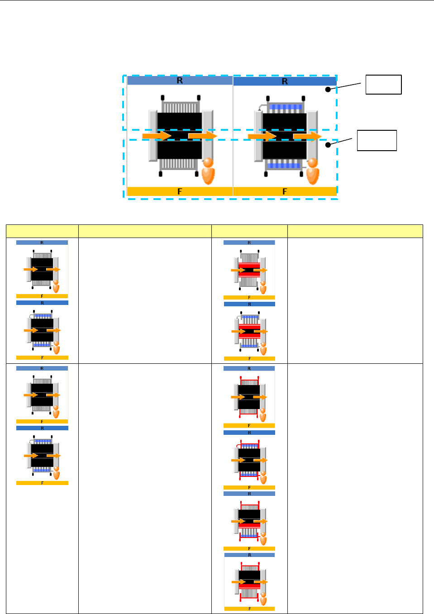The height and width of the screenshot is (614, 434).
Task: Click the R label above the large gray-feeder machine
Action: pos(180,81)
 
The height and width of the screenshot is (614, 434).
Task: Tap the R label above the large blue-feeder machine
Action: pos(285,81)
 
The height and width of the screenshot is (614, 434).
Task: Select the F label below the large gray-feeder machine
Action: pos(180,191)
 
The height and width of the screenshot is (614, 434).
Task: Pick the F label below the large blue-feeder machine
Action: pos(285,191)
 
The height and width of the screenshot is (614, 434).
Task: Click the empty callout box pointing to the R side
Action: pos(383,85)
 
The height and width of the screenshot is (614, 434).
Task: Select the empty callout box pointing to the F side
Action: pos(377,140)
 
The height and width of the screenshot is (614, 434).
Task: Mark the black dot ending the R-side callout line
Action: pos(328,90)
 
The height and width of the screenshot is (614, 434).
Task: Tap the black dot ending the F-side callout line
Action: pos(328,145)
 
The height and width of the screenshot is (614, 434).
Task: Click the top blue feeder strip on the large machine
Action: pos(285,108)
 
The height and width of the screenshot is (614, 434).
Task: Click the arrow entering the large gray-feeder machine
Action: pos(157,136)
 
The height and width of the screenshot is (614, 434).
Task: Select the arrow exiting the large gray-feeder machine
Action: pos(202,136)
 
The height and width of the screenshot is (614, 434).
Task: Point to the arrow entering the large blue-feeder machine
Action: pos(262,136)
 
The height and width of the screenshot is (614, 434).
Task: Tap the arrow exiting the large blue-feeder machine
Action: pos(307,136)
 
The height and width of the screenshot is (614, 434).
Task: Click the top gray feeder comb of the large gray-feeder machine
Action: pos(180,107)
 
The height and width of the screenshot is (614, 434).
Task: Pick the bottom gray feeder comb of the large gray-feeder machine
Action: pos(179,164)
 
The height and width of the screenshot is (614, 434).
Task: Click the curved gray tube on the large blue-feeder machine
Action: pos(261,107)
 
